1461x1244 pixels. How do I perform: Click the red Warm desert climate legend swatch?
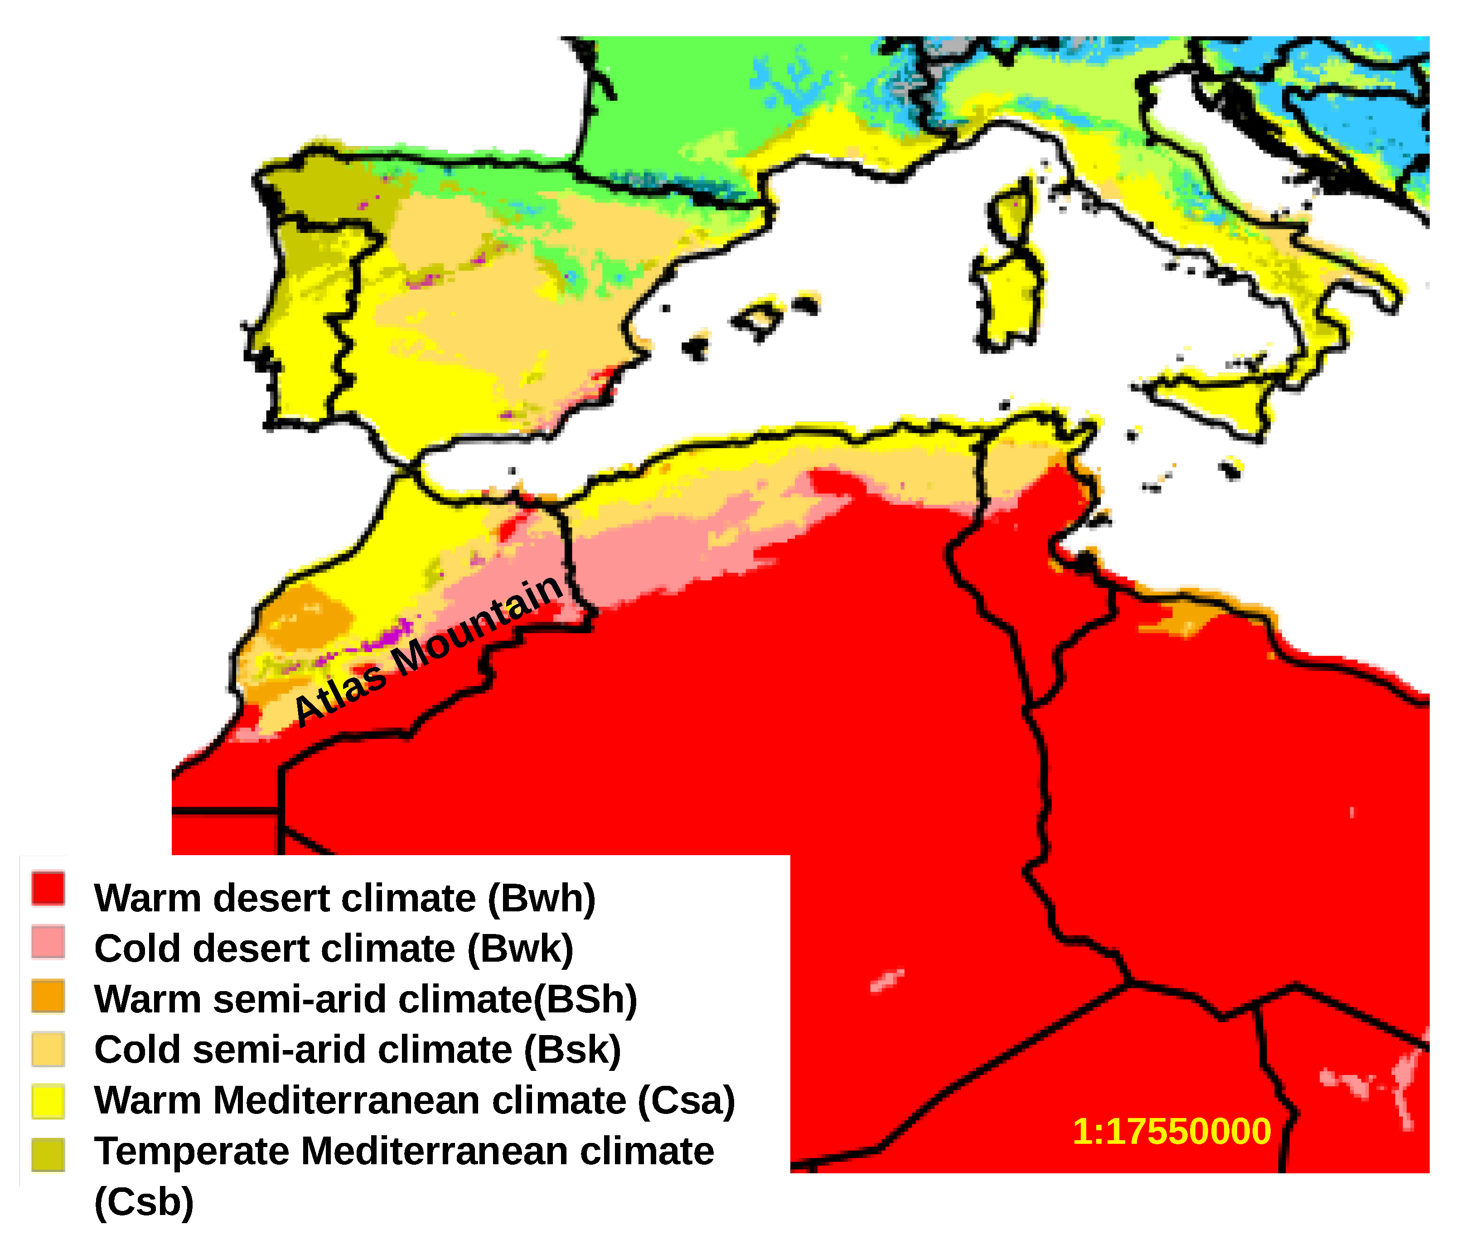[48, 889]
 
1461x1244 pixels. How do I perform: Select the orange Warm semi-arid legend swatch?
[48, 997]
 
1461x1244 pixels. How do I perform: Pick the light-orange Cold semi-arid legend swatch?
[48, 1049]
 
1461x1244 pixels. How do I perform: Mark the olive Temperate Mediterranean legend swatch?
[48, 1154]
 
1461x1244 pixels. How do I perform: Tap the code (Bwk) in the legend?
[520, 949]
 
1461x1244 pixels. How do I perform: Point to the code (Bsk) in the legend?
[572, 1050]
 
